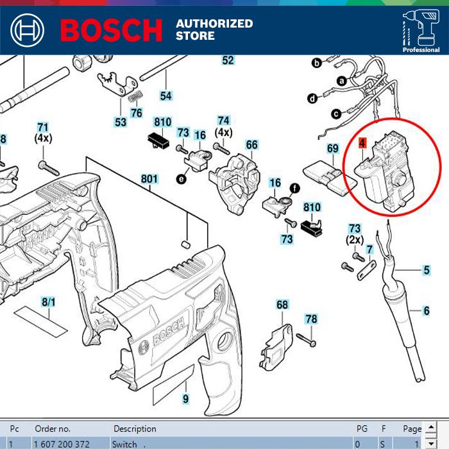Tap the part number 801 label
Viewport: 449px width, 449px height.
149,178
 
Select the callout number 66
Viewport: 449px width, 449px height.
251,145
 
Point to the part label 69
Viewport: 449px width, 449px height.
333,148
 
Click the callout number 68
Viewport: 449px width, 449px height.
282,305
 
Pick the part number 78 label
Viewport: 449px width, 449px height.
311,319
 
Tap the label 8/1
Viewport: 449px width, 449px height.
49,301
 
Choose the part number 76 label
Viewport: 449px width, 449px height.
136,113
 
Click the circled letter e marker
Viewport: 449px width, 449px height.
182,180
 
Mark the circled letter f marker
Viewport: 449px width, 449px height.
295,188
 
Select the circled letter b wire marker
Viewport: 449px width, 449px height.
316,63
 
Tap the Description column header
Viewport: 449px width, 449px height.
135,428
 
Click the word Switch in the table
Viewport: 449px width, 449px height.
124,444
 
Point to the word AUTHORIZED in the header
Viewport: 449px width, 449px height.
214,24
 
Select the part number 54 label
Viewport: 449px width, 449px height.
166,96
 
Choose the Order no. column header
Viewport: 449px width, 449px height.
53,428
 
